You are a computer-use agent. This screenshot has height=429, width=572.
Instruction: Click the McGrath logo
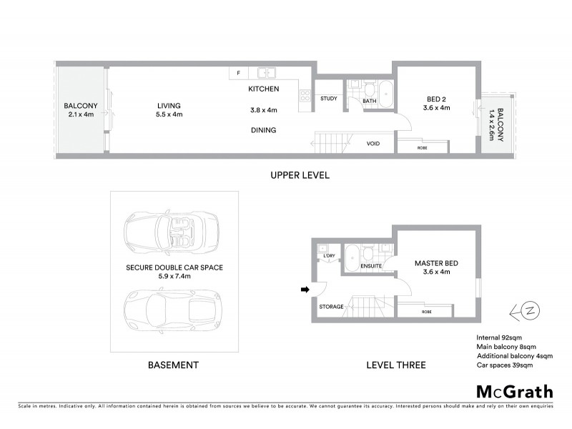(x=515, y=391)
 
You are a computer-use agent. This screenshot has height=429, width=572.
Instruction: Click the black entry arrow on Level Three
(x=304, y=290)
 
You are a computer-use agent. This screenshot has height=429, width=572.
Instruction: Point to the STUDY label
(x=329, y=99)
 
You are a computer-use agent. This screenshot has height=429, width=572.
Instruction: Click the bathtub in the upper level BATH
(x=385, y=94)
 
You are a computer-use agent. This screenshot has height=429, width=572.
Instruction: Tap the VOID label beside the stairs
(x=373, y=144)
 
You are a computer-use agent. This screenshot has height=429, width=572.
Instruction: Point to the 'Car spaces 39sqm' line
(x=504, y=365)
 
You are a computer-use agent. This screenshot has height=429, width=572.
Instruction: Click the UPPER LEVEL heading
(x=299, y=175)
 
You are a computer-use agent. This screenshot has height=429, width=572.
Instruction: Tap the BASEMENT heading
(x=172, y=365)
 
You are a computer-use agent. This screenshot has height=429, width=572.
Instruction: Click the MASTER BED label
(x=436, y=263)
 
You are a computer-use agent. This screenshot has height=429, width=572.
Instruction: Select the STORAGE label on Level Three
(x=332, y=307)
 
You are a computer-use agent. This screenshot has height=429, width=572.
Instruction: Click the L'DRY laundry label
(x=330, y=255)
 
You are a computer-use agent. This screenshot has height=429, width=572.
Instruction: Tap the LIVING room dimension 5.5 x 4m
(x=169, y=114)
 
